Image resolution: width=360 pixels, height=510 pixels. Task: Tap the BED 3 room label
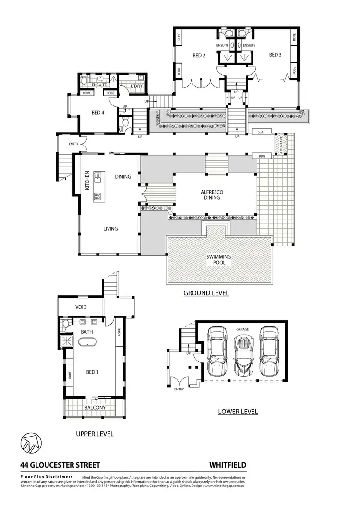275,55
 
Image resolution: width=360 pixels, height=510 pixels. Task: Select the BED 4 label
98,113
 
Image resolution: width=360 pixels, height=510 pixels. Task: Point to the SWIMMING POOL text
219,260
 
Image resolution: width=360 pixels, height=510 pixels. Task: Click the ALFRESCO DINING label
211,194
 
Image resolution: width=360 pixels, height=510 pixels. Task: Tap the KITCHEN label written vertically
87,181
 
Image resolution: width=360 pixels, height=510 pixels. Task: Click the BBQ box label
262,156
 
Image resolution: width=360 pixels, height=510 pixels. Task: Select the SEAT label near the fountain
262,132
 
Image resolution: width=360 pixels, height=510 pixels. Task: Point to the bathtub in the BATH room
88,342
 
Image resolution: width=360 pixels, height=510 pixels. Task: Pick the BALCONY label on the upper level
95,408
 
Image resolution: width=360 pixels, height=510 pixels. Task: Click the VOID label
81,307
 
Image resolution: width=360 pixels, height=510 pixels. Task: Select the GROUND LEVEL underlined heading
206,292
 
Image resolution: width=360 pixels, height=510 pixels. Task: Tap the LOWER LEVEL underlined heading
238,412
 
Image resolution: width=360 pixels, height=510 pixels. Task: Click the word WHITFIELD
228,465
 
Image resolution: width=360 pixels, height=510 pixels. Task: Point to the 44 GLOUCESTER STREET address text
60,465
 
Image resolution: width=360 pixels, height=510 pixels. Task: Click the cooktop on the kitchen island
97,195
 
